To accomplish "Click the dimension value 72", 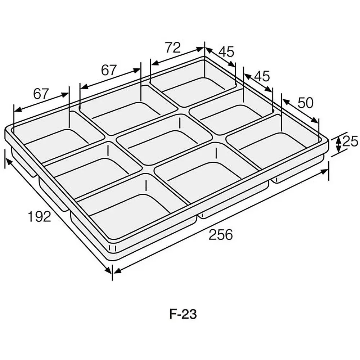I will (172, 48).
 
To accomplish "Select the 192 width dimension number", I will (40, 217).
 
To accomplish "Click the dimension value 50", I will (306, 103).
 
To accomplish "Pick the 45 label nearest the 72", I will (226, 52).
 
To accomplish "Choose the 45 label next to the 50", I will (262, 76).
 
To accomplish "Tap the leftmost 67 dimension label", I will (41, 94).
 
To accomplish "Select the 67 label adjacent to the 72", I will (109, 70).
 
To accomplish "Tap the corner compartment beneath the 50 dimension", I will (274, 144).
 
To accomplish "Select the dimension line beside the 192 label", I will (58, 216).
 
